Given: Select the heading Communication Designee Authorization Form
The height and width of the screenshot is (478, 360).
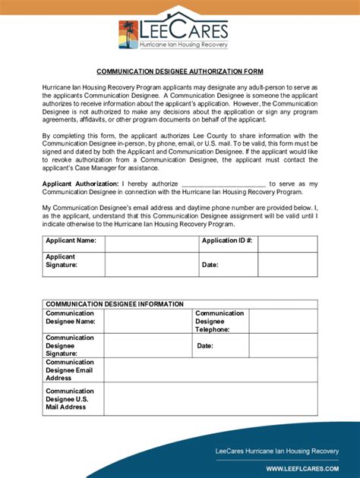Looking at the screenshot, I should pos(179,71).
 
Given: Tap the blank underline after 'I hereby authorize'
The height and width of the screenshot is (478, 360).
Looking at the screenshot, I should pos(224,184).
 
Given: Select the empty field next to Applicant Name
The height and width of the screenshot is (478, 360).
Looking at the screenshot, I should pos(150,241).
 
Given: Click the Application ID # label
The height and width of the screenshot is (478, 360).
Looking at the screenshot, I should pos(226,241).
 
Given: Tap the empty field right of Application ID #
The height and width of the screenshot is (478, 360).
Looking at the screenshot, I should pos(286,241).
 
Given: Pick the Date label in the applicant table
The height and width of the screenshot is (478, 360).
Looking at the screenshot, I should pos(210,266).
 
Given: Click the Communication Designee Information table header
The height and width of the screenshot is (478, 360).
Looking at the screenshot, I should pos(115,303).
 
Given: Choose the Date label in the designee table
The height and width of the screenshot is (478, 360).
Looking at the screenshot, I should pos(205,346).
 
